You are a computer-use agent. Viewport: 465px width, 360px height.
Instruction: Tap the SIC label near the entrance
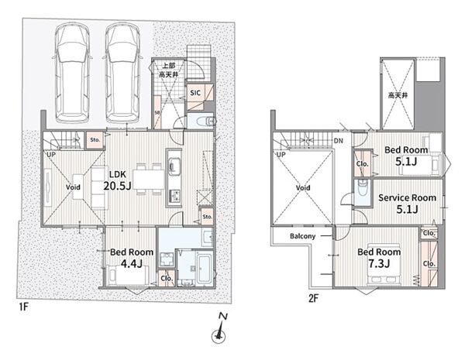pos(196,93)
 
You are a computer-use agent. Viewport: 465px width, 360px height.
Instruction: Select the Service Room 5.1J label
pos(407,203)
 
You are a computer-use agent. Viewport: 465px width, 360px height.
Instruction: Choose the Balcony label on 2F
pos(302,236)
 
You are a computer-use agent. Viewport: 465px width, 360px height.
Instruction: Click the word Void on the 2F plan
pos(303,187)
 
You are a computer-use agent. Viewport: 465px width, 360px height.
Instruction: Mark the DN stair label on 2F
pos(338,140)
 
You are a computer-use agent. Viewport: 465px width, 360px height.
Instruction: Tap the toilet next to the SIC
pos(204,122)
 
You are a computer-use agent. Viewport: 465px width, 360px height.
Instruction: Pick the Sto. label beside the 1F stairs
pos(95,140)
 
